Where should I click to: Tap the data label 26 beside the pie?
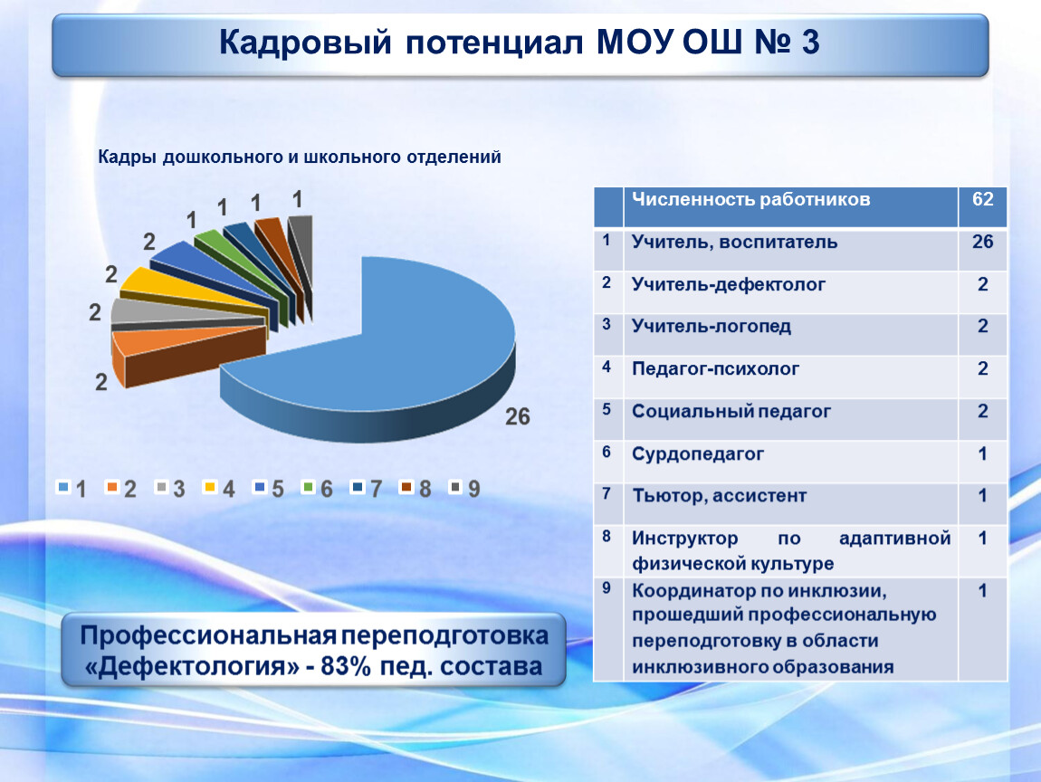coord(518,416)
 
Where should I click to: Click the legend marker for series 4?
coord(210,487)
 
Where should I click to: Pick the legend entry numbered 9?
coord(464,489)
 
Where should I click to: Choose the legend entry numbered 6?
coord(318,489)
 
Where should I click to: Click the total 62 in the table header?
coord(982,199)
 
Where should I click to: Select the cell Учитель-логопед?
coord(711,326)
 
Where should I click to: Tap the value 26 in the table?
coord(982,242)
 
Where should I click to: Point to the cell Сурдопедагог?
coord(698,454)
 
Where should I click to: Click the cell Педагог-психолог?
coord(715,369)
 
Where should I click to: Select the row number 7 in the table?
coord(606,493)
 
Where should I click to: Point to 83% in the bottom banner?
coord(345,666)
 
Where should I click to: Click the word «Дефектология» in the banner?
coord(192,666)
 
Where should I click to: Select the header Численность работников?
coord(750,199)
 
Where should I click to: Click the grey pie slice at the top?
coord(301,249)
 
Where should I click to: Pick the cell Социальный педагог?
coord(731,412)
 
